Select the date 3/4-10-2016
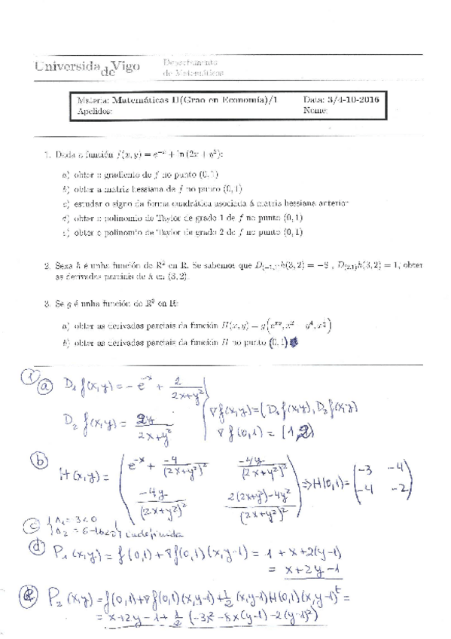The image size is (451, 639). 352,99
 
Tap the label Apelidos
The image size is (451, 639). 94,111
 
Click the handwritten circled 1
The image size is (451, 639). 29,375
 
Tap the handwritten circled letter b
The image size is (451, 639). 34,460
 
